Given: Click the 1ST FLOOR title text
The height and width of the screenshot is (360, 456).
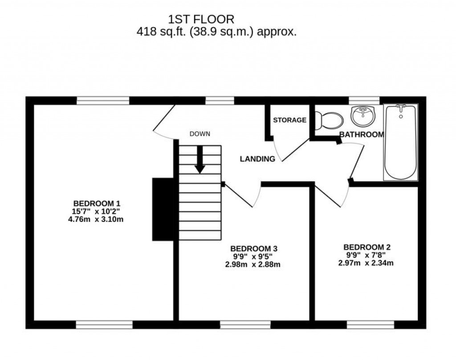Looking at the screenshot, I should (200, 19).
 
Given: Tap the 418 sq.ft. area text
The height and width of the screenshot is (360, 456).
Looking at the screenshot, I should (216, 32).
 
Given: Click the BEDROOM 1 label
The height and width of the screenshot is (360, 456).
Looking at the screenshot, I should (97, 202).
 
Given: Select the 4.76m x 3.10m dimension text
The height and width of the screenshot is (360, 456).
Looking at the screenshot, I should (97, 219).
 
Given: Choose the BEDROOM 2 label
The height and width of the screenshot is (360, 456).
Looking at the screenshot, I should (367, 246).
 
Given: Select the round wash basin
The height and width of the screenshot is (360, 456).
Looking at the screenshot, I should (363, 117).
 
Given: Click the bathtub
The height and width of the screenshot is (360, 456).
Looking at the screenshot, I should (401, 143).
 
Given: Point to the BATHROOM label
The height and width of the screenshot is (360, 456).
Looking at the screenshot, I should (361, 135).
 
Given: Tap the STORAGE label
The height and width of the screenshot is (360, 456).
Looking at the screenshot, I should (289, 120).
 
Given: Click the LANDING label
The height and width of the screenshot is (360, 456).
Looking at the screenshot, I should (257, 159).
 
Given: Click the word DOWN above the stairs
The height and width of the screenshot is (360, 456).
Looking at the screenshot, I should (199, 134).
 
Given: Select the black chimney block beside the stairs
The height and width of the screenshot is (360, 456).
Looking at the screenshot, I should (163, 209).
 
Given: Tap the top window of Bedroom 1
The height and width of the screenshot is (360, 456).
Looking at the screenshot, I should (103, 101).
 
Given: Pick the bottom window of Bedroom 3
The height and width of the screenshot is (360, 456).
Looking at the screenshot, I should (245, 324).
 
